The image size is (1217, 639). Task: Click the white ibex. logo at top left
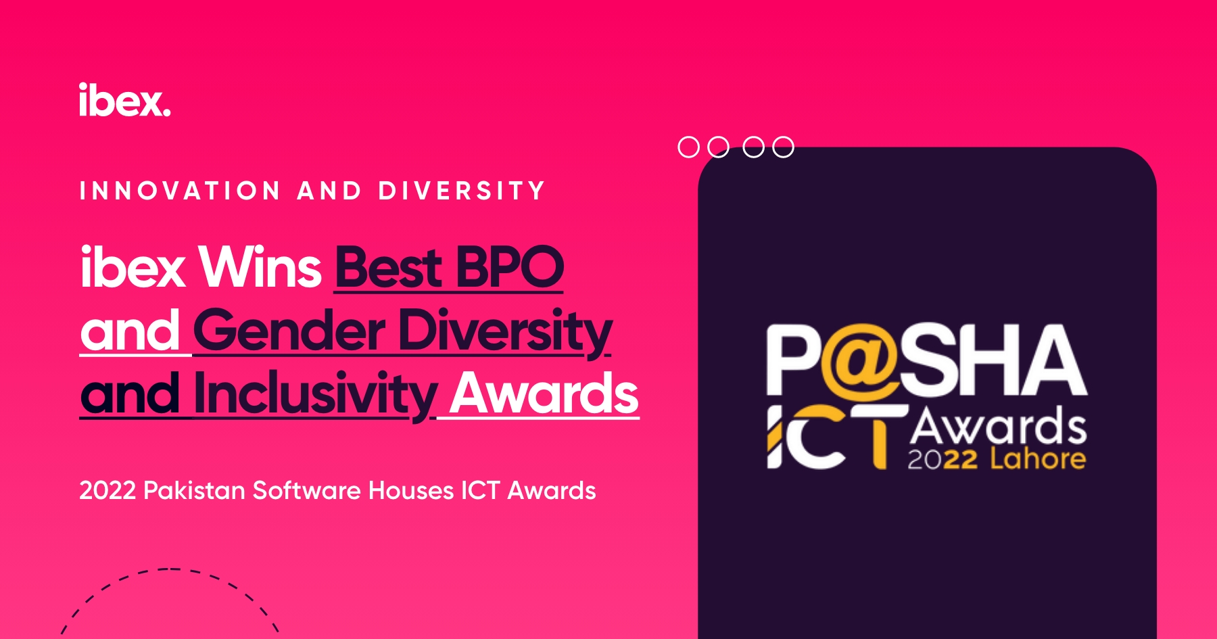tap(124, 100)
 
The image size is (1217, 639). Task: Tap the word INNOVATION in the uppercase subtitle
tap(180, 191)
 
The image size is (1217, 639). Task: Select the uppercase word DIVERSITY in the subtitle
tap(461, 191)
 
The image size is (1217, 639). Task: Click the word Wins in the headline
tap(260, 267)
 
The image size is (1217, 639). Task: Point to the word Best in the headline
tap(389, 267)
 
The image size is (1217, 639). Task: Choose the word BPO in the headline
tap(510, 267)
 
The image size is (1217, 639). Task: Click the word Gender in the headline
tap(289, 331)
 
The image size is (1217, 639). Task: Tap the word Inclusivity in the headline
tap(315, 395)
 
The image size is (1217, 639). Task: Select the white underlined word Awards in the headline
tap(544, 394)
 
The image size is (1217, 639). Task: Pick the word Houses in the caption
tap(411, 490)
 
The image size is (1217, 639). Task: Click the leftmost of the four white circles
tap(688, 137)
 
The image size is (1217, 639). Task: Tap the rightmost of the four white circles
tap(783, 137)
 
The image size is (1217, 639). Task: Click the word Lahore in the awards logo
tap(1038, 458)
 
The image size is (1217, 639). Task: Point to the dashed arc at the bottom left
tap(170, 569)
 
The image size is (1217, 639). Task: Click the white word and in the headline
tap(130, 331)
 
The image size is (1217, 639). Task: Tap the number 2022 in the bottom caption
tap(108, 490)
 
